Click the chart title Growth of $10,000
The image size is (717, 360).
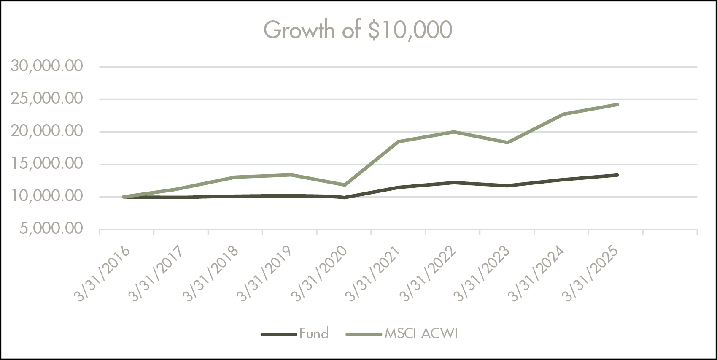click(x=358, y=30)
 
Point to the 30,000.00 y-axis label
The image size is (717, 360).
click(x=47, y=66)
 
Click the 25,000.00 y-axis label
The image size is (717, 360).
click(x=47, y=99)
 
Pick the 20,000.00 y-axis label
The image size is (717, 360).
click(x=47, y=131)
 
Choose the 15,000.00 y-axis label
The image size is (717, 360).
click(x=47, y=164)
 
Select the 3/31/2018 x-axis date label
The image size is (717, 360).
click(x=211, y=274)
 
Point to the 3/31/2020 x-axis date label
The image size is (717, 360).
click(x=320, y=274)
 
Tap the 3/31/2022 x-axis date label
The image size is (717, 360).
click(x=429, y=274)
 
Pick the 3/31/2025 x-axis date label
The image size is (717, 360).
click(x=592, y=274)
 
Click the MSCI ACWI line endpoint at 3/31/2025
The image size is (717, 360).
click(x=617, y=104)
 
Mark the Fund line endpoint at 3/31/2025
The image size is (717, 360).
click(x=617, y=175)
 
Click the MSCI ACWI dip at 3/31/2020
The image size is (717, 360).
click(x=345, y=185)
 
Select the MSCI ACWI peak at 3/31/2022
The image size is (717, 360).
click(x=453, y=132)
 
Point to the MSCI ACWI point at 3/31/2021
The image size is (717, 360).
click(x=399, y=141)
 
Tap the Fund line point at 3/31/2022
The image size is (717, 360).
click(x=453, y=182)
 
